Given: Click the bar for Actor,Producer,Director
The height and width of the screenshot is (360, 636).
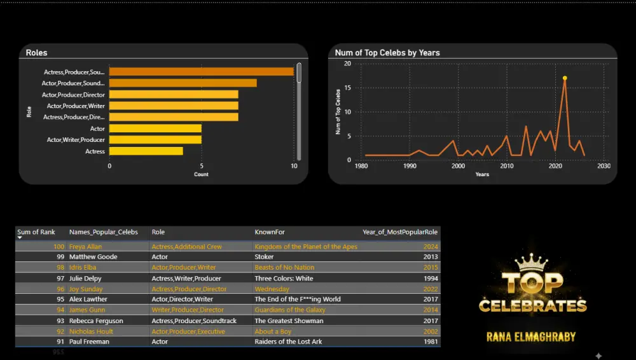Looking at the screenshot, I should point(174,94).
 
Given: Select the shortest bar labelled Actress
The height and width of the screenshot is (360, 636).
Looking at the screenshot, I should point(146,151).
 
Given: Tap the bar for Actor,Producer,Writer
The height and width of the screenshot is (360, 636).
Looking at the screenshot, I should point(174,106).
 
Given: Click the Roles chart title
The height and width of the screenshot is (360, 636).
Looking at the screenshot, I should point(36,53).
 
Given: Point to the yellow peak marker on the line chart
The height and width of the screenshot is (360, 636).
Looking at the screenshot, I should point(564,78).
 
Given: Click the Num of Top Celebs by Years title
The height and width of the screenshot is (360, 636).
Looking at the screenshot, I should point(387,53).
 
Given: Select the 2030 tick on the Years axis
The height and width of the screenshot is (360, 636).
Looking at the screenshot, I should point(604,166).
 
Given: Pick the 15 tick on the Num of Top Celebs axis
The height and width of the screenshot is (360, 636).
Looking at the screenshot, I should point(347,88).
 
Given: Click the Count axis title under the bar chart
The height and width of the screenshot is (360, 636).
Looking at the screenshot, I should point(201,174).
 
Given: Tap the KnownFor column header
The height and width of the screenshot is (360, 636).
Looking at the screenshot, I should point(270,232).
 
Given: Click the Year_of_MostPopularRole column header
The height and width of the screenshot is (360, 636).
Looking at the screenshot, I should point(400,232).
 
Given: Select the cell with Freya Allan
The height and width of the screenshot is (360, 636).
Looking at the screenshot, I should point(85,247).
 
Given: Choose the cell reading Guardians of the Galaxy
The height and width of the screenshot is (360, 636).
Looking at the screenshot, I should point(290,310).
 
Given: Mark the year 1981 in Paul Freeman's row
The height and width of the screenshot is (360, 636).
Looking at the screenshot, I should point(431,342).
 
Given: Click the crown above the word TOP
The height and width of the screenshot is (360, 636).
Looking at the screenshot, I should point(531,262).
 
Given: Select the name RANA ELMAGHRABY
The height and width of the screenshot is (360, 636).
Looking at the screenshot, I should point(532,336).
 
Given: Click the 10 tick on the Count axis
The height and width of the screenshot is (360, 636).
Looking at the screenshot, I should point(293,166).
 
